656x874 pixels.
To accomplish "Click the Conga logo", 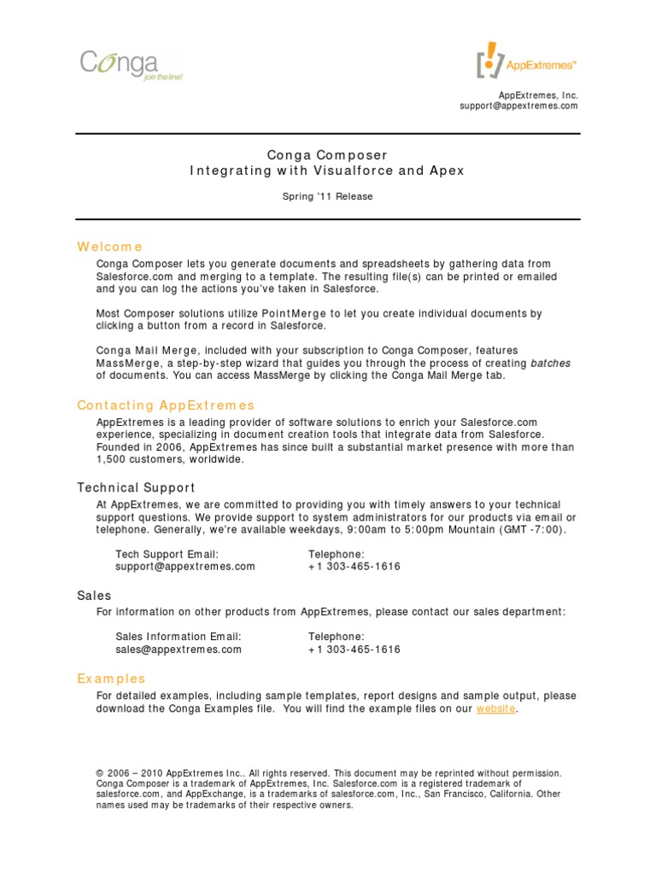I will [x=131, y=65].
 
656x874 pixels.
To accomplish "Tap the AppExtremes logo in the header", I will [x=526, y=61].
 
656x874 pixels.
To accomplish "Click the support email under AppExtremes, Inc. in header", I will [x=518, y=106].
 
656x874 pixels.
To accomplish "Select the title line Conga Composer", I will [x=327, y=155].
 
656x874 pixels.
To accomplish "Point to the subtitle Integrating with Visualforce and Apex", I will [x=327, y=171].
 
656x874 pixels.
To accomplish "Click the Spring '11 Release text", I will [x=327, y=196].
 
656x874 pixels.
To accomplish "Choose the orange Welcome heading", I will [x=109, y=247].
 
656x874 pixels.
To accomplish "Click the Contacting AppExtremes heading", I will [x=166, y=405].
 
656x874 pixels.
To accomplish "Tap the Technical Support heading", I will [x=136, y=487].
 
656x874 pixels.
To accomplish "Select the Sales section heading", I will [x=94, y=595].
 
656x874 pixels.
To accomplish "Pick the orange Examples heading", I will [x=111, y=679].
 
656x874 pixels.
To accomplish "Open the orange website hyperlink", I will [x=495, y=709].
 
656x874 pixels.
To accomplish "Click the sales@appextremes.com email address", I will [x=179, y=650].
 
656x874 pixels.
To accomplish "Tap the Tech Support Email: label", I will [x=167, y=554].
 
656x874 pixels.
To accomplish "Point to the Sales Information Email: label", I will [x=179, y=637].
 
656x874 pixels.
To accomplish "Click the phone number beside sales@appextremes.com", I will [x=354, y=650].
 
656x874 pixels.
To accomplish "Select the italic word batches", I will [x=550, y=363].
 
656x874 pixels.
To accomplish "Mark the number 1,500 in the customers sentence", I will [x=112, y=459].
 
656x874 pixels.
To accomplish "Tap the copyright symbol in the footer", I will [x=100, y=773].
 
